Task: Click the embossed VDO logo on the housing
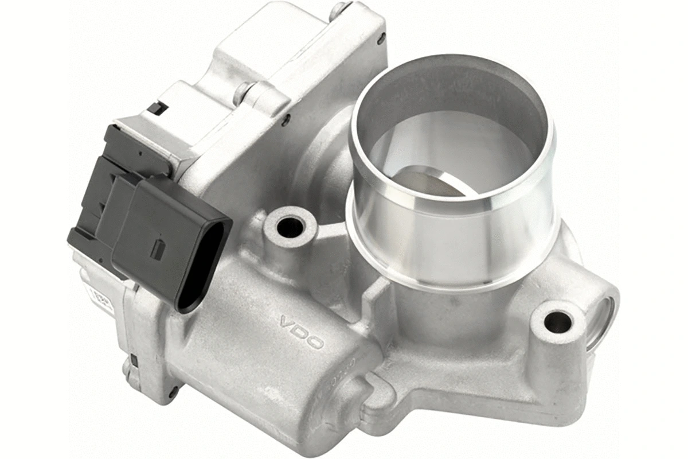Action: click(x=302, y=332)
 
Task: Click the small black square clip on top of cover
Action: click(x=157, y=107)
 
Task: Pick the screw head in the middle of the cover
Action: click(x=245, y=90)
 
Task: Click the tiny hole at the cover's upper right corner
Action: click(x=381, y=40)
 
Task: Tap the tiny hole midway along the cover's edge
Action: click(x=286, y=120)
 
